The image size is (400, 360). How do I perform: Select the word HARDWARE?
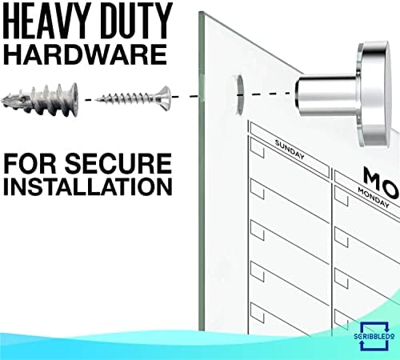click(x=85, y=54)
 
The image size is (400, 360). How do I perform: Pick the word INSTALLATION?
click(x=88, y=186)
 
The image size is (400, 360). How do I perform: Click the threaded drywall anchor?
click(x=40, y=99)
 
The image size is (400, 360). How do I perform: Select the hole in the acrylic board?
click(x=240, y=95)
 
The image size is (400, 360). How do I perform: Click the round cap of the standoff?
click(x=374, y=94)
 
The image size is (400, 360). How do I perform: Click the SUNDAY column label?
click(x=290, y=150)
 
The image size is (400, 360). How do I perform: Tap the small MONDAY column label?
click(x=374, y=198)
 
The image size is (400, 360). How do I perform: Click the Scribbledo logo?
click(x=374, y=336)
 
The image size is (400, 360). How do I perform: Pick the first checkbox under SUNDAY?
click(x=258, y=149)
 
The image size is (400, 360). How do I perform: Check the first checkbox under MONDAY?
click(x=342, y=198)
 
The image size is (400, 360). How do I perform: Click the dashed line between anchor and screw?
click(x=90, y=100)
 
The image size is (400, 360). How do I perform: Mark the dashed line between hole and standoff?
click(x=270, y=94)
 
